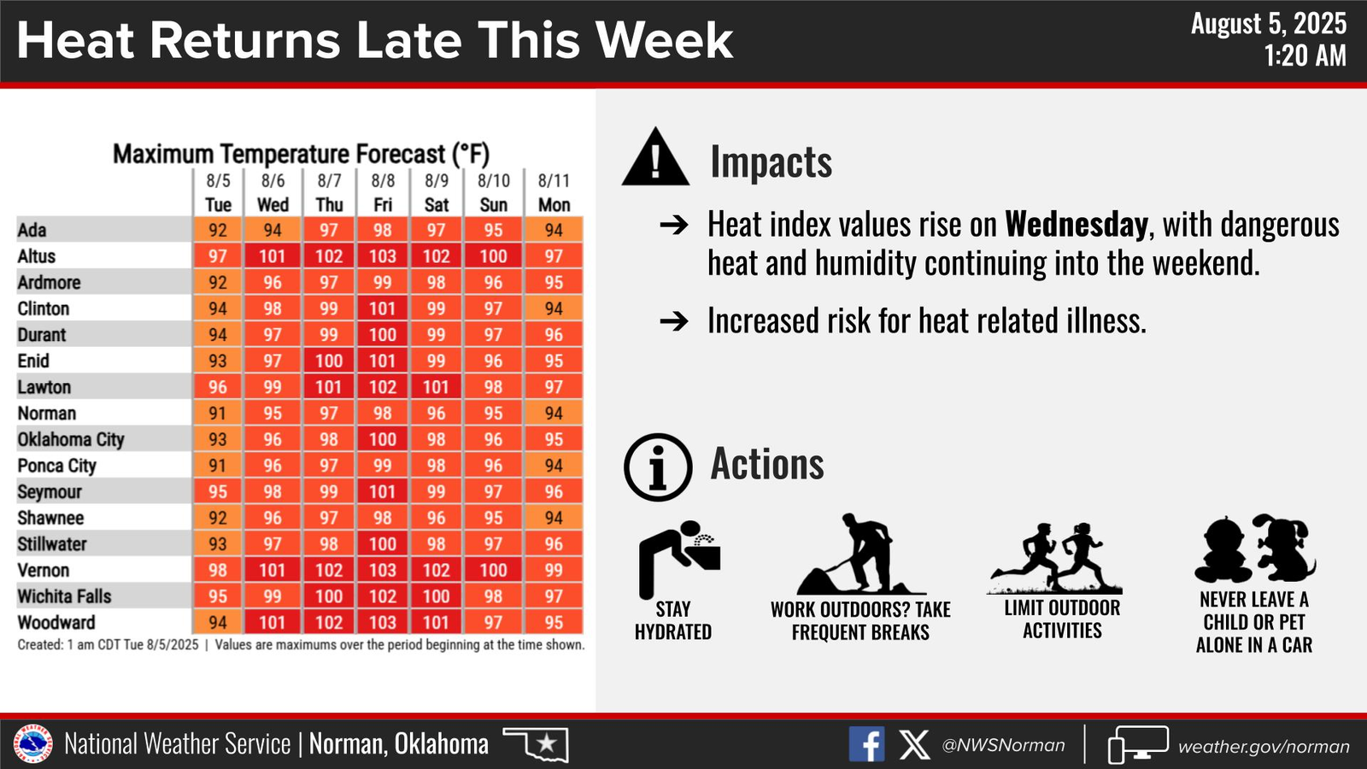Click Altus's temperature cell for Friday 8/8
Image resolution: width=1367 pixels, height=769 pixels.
tap(383, 255)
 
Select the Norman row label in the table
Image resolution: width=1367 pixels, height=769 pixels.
tap(47, 414)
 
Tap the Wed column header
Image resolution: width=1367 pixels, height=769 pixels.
tap(273, 204)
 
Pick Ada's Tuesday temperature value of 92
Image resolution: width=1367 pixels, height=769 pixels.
tap(218, 230)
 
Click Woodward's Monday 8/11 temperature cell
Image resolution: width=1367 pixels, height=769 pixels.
tap(554, 623)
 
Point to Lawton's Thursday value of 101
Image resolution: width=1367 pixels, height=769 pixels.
tap(328, 387)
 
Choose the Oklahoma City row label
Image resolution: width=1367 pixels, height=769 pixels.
tap(71, 439)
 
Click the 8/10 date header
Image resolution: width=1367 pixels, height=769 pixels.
tap(493, 180)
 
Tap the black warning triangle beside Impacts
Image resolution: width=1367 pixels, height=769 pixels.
tap(655, 157)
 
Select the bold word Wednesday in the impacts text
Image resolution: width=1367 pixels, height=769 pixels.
tap(1077, 225)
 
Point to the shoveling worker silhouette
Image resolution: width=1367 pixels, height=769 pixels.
tap(861, 555)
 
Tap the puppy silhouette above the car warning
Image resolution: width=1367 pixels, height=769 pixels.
tap(1287, 548)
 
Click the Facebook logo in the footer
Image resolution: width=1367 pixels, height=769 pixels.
tap(866, 744)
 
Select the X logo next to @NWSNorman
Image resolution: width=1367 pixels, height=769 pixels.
tap(914, 744)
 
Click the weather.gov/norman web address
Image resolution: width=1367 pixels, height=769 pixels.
tap(1264, 746)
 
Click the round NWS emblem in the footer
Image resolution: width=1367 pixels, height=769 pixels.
tap(33, 744)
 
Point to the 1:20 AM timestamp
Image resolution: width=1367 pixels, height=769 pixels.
tap(1305, 56)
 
